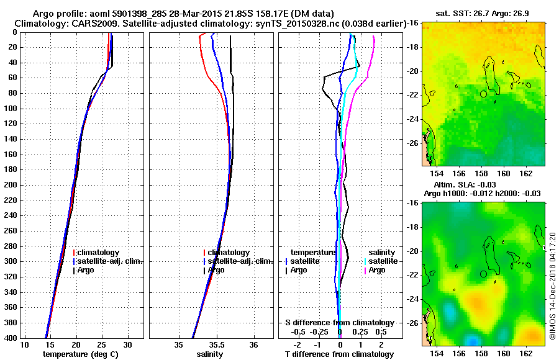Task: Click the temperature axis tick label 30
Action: point(128,345)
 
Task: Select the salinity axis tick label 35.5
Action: point(217,345)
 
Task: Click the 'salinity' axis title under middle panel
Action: point(210,354)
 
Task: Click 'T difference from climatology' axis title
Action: point(340,354)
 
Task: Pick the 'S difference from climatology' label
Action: point(340,323)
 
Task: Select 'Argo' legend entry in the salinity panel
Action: point(216,270)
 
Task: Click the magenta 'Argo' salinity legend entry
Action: point(377,270)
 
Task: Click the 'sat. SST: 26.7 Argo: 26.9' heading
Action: point(479,14)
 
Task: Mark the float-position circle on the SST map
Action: point(483,94)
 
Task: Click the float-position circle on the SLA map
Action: point(483,274)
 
